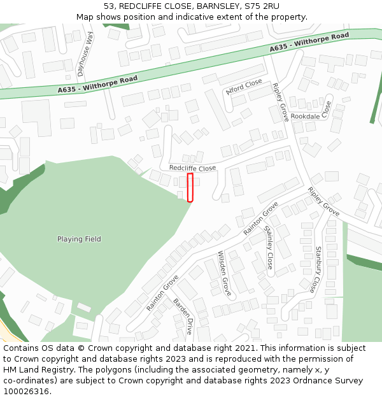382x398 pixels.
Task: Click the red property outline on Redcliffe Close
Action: click(190, 187)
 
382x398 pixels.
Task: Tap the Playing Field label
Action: click(79, 239)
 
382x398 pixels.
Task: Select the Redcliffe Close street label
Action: click(192, 167)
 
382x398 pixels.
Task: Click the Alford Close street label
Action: click(244, 87)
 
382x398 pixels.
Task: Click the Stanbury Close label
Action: click(316, 269)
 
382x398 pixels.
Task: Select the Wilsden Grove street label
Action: click(225, 273)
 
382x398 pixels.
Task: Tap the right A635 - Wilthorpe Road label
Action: click(309, 43)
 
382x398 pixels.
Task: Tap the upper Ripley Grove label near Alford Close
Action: click(280, 102)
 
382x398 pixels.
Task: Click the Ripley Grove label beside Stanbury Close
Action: click(323, 201)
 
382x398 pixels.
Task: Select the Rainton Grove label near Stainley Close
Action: click(260, 218)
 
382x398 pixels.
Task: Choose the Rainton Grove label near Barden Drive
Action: click(162, 292)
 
